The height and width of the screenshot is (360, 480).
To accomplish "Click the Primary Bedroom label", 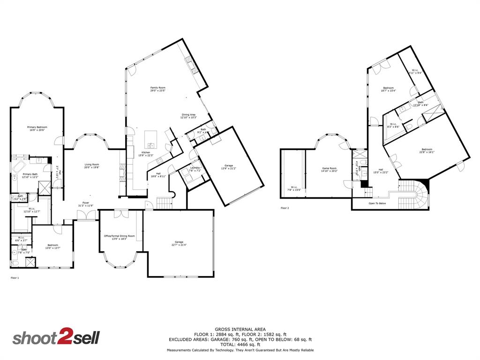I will point(37,127).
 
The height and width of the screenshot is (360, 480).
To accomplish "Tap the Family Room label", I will point(157,88).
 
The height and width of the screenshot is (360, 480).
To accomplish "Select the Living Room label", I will point(92,165).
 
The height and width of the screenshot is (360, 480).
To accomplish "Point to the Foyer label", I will point(86,203).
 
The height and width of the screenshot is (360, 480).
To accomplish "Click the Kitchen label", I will point(146,153).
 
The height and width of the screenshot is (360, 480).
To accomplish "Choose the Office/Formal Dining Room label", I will point(119,236).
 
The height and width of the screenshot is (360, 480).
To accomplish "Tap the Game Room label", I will point(329,168).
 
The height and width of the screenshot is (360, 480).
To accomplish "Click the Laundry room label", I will point(195,167).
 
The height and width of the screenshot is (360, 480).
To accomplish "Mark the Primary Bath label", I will point(30,174).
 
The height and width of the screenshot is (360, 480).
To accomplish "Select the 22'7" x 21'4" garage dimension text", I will point(179,245).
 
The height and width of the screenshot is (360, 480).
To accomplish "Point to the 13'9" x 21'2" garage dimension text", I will point(229,168).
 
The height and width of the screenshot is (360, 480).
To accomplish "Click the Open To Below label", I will point(377,203).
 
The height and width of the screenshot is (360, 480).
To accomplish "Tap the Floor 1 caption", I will point(15,278).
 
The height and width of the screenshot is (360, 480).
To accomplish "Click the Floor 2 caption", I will point(285,208).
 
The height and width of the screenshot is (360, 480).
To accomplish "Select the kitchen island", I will point(150,136).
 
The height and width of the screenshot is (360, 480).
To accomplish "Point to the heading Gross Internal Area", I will point(240,329).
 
